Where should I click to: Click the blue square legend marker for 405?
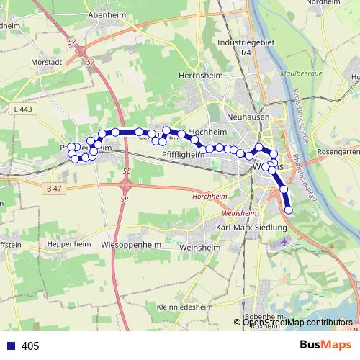[12, 346]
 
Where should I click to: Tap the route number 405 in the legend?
[30, 346]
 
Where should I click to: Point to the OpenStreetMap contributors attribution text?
[297, 323]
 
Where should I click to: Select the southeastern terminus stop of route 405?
[289, 210]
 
